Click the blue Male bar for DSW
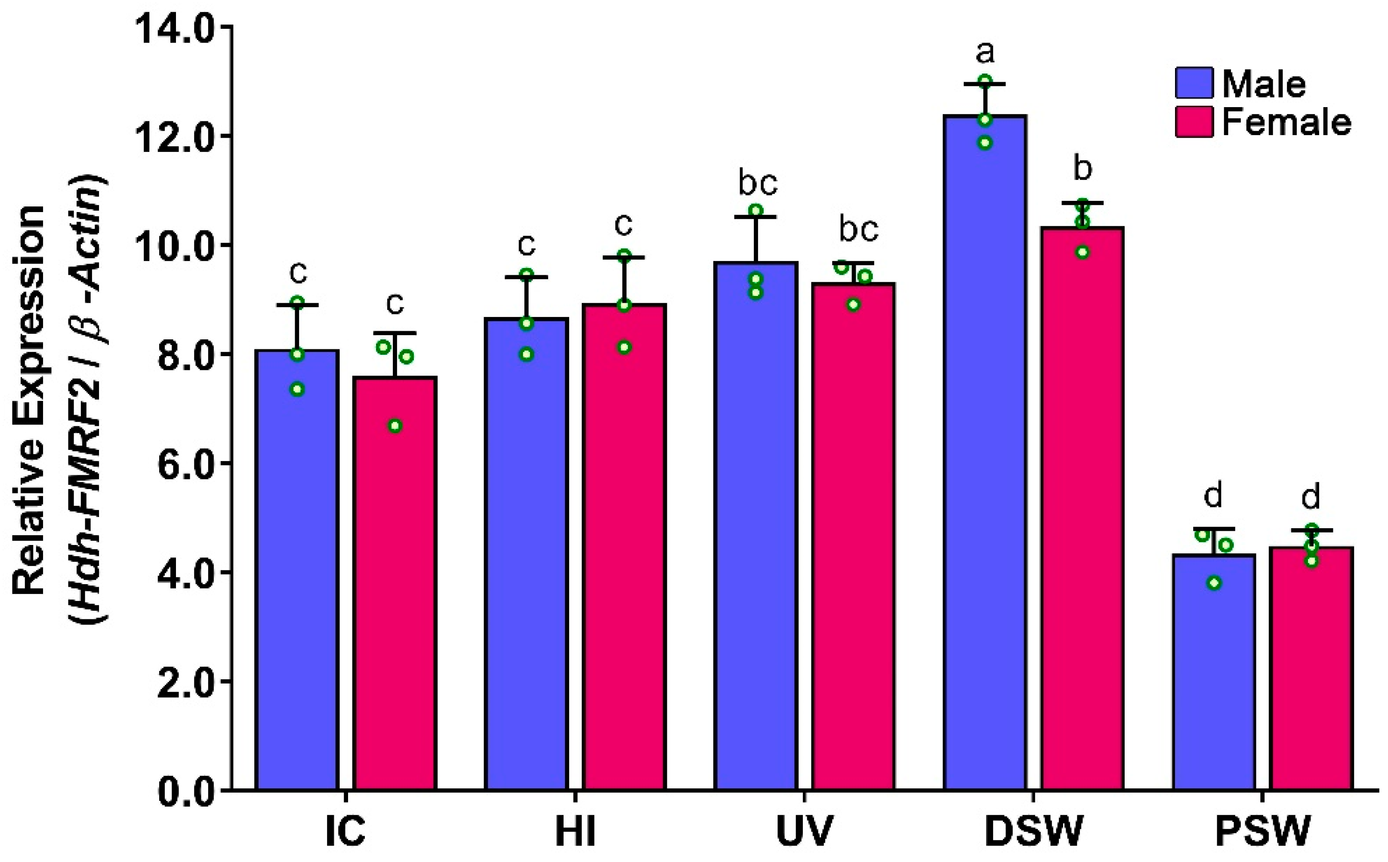(985, 456)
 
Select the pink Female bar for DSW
(1083, 513)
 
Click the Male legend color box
(1194, 84)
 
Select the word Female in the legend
(1286, 122)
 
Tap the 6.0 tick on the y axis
(182, 464)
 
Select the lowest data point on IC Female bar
(395, 426)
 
